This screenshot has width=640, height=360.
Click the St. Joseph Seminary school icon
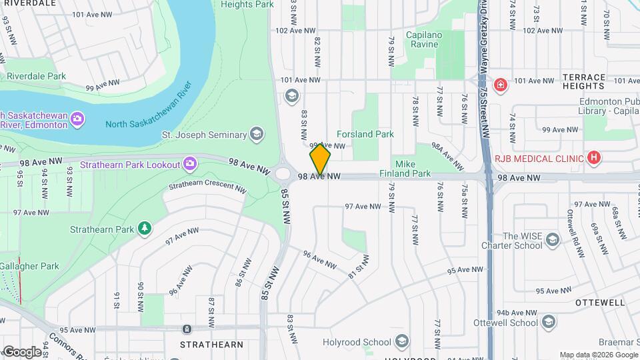point(255,135)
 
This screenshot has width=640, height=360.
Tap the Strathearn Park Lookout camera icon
point(189,164)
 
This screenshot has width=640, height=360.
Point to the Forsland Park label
point(365,134)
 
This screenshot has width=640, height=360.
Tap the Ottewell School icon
point(548,323)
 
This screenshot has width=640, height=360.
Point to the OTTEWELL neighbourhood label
point(600,302)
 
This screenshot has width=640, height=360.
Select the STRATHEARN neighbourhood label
point(212,345)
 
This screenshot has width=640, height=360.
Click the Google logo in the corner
point(21,352)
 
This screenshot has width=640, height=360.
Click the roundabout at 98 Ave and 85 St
point(283,174)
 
